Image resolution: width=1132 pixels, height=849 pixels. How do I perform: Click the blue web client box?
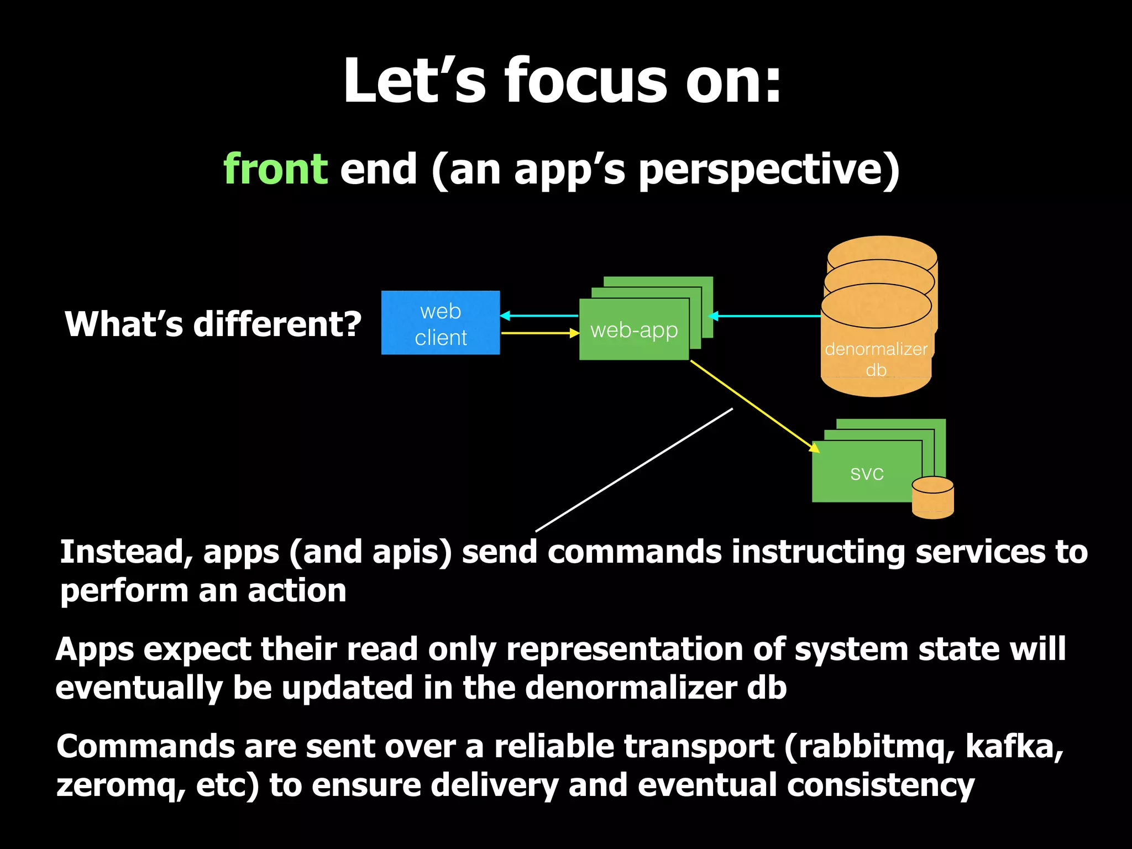[440, 323]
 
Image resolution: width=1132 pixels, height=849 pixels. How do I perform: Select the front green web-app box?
[633, 330]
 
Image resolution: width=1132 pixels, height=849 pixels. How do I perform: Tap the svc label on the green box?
[867, 473]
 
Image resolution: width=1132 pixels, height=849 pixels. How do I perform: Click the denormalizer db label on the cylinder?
[876, 359]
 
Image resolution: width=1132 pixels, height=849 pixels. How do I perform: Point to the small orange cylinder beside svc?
[932, 498]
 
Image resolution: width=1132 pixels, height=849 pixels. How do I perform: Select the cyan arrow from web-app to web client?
[539, 316]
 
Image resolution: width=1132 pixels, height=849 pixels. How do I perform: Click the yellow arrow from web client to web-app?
[539, 333]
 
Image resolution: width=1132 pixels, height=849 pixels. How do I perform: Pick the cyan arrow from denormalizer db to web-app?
[766, 316]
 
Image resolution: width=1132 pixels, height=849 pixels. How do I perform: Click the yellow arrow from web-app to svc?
[754, 406]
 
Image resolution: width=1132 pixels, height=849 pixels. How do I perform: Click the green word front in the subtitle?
[275, 169]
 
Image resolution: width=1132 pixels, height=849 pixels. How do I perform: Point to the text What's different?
[213, 324]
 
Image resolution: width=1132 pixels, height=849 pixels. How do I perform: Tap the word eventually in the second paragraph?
[139, 688]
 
